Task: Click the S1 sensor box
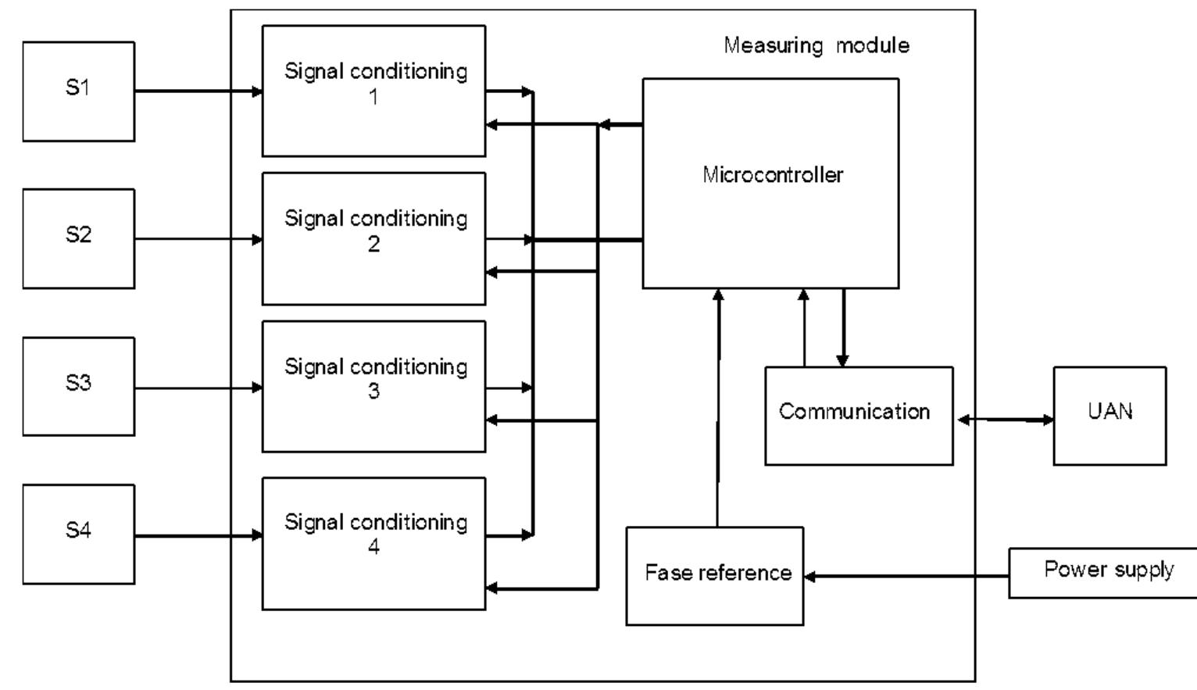click(x=78, y=91)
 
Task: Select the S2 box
click(x=78, y=238)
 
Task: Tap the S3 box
click(x=78, y=386)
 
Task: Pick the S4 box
click(x=78, y=534)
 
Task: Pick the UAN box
click(x=1109, y=416)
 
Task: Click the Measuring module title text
click(x=816, y=45)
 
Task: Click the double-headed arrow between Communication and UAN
click(x=1004, y=420)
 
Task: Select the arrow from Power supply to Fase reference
click(x=906, y=576)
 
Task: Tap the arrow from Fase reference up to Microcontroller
click(x=718, y=406)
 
